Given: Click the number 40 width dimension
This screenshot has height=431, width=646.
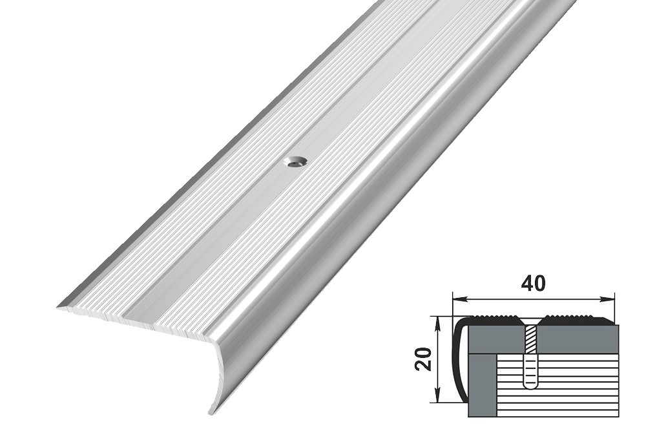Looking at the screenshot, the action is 533,284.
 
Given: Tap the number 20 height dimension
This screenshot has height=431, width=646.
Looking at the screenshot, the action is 424,359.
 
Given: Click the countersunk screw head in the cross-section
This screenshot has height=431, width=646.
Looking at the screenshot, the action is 530,321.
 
